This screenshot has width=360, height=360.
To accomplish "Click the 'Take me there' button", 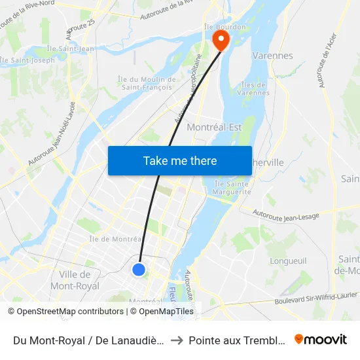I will (x=180, y=161).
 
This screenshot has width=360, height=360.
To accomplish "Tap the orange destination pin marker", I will (x=221, y=40).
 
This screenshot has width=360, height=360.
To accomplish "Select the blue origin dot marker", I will (x=139, y=269).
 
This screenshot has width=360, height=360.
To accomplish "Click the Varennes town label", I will (x=272, y=56).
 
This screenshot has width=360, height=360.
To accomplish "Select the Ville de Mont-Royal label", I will (x=75, y=280).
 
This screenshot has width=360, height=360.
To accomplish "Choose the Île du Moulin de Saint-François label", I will (x=146, y=83).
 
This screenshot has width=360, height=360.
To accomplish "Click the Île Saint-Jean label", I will (x=70, y=48).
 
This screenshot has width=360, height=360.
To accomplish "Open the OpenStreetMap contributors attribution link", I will (x=66, y=312).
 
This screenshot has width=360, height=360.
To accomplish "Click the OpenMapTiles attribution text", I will (x=165, y=312).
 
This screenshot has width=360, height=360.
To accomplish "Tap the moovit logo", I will (x=321, y=339).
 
